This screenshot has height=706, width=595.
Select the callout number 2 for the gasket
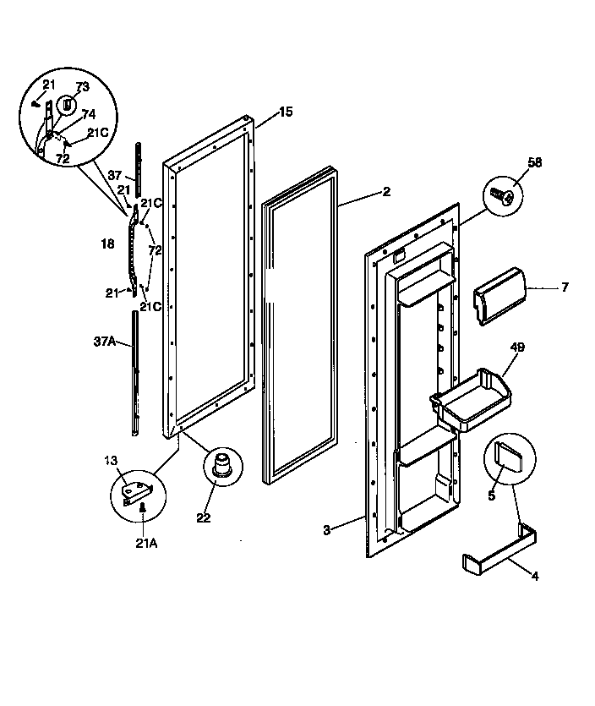click(386, 192)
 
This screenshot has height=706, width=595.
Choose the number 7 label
click(565, 287)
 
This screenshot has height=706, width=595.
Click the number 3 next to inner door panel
click(327, 529)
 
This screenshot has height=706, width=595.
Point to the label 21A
click(147, 544)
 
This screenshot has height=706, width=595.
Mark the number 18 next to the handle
click(106, 244)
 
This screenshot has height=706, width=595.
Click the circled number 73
click(82, 87)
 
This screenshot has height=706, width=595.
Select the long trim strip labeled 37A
click(135, 372)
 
